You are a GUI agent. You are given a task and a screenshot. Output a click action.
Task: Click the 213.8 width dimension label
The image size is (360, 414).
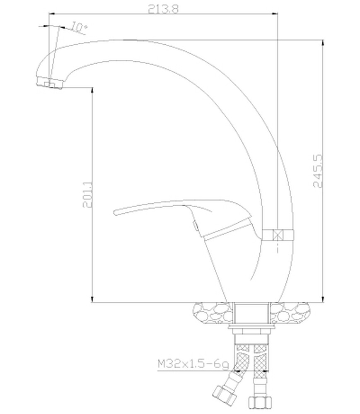163,9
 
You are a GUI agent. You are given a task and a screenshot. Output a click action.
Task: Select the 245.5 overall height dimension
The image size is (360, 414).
318,171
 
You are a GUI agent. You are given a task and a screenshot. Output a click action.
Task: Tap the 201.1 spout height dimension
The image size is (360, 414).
88,194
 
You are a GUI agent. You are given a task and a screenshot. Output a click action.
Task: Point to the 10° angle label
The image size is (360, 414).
79,27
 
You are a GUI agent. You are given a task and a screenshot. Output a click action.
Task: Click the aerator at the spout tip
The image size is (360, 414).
49,83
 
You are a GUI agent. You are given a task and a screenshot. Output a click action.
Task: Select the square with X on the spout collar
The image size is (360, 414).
278,235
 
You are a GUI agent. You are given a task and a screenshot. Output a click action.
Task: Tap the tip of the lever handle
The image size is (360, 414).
115,212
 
